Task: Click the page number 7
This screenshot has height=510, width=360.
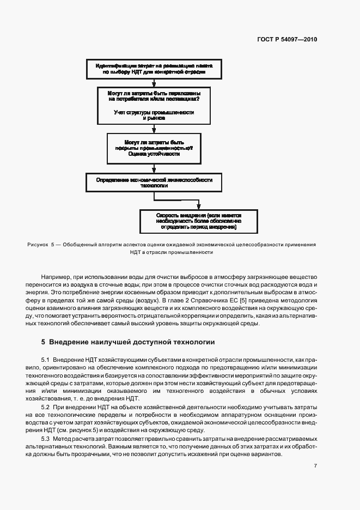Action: click(315, 466)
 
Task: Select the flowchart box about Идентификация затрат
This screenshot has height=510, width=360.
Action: click(154, 69)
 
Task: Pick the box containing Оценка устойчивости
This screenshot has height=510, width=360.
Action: click(154, 148)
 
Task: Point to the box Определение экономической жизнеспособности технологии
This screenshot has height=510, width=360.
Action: click(154, 182)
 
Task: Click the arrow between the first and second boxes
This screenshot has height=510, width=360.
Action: click(154, 82)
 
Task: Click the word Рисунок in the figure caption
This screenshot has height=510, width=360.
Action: click(38, 245)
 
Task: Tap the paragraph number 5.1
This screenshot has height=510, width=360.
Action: click(45, 361)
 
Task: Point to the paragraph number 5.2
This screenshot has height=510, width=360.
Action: click(45, 408)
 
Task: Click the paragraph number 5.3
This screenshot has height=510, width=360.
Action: click(45, 439)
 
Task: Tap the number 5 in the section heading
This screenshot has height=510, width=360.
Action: click(43, 343)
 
